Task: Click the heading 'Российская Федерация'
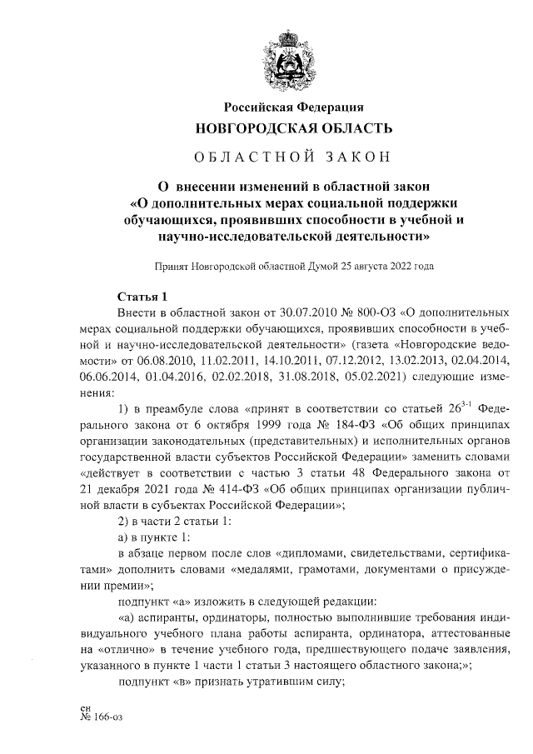[292, 107]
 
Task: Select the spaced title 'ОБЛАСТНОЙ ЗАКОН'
[292, 157]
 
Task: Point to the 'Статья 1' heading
[142, 297]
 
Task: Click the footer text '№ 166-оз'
[99, 714]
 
